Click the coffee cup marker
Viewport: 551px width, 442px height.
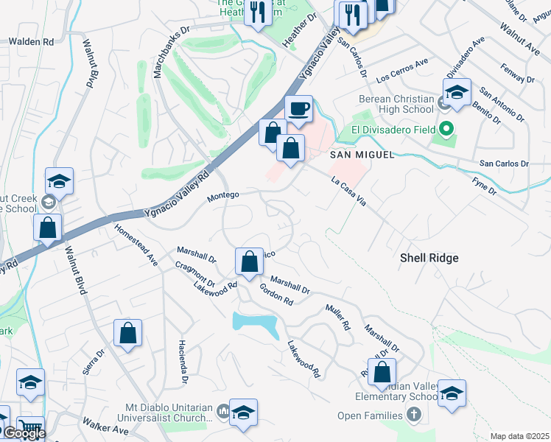(x=298, y=109)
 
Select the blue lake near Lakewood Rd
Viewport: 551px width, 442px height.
(x=255, y=322)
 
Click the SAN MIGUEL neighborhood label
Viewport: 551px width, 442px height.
(x=362, y=155)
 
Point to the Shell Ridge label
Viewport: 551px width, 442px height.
(x=429, y=258)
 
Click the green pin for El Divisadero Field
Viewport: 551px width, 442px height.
(x=444, y=130)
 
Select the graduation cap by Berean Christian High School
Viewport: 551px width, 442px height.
(x=457, y=92)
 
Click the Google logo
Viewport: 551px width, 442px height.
(x=24, y=433)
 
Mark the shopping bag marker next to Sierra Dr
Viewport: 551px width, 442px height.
(x=128, y=333)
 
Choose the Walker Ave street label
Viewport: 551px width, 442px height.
(x=102, y=425)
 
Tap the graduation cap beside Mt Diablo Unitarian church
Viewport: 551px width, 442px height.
(x=243, y=413)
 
